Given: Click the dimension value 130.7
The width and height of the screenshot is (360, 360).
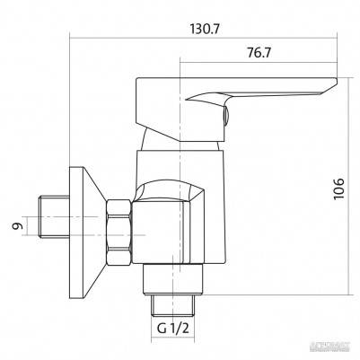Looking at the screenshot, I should [206, 28].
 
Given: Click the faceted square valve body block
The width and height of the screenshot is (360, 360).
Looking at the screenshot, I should [171, 229].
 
